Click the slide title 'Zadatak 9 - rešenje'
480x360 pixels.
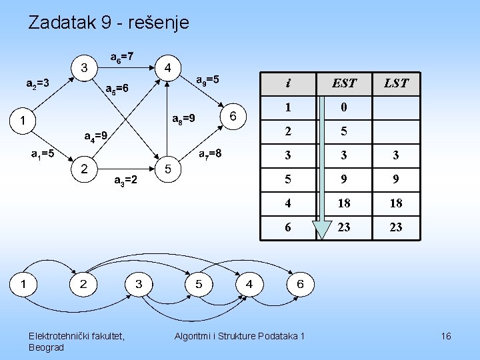coord(109,23)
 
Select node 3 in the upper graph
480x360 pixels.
coord(84,67)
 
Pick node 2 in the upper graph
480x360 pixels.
coord(84,169)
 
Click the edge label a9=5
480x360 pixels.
coord(207,80)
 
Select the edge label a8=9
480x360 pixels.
coord(183,119)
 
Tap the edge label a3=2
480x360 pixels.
coord(126,180)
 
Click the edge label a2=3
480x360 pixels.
coord(37,84)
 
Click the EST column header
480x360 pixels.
coord(344,83)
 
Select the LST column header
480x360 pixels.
coord(396,83)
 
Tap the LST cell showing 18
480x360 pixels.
coord(396,203)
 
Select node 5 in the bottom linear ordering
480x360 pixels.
coord(199,285)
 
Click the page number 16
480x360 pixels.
coord(446,336)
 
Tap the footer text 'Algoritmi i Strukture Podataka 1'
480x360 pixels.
coord(239,336)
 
